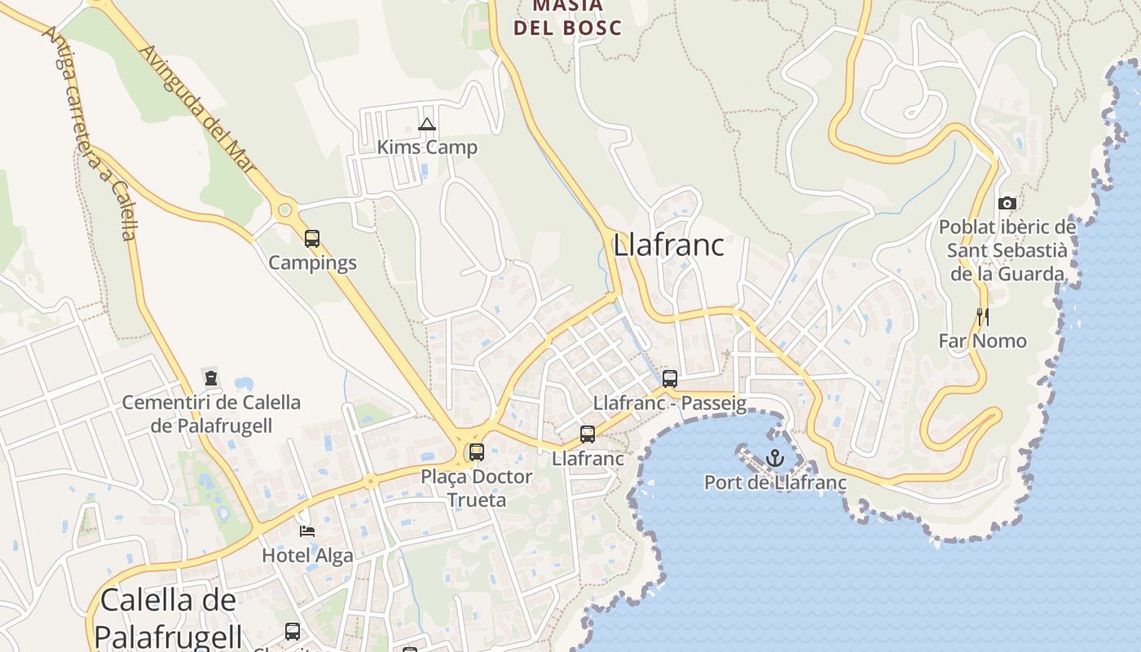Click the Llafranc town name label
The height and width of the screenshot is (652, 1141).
pyautogui.click(x=668, y=244)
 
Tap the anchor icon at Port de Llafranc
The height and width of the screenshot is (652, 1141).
pyautogui.click(x=774, y=458)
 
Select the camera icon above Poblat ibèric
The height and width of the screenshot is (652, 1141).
pyautogui.click(x=1007, y=204)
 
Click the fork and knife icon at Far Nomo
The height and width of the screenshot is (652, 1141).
pyautogui.click(x=983, y=317)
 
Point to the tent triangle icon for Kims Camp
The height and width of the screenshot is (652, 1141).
pyautogui.click(x=426, y=125)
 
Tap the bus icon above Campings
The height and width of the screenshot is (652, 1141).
pyautogui.click(x=312, y=239)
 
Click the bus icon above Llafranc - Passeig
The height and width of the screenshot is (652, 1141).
pyautogui.click(x=669, y=379)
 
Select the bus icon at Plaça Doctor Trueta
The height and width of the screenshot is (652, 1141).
pyautogui.click(x=476, y=452)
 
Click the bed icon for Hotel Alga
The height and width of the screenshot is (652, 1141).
pyautogui.click(x=306, y=531)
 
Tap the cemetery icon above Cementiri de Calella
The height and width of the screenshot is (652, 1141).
pyautogui.click(x=211, y=378)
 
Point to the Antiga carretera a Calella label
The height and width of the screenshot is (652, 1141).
pyautogui.click(x=91, y=134)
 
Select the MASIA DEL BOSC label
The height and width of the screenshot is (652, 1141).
pyautogui.click(x=566, y=18)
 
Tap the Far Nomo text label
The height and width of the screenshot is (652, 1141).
pyautogui.click(x=982, y=341)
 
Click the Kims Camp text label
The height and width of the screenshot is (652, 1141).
pyautogui.click(x=427, y=148)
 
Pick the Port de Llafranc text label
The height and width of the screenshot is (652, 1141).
pyautogui.click(x=775, y=482)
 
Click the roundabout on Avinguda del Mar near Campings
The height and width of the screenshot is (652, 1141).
pyautogui.click(x=284, y=210)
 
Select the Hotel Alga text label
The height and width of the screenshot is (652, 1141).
pyautogui.click(x=307, y=556)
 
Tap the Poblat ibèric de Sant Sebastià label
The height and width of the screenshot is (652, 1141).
pyautogui.click(x=1007, y=250)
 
